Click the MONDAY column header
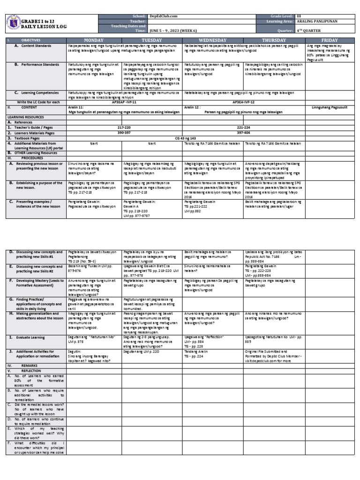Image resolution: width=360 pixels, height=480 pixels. click(94, 40)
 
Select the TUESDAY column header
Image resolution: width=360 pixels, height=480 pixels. click(151, 40)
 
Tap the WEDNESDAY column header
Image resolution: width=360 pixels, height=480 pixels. click(212, 40)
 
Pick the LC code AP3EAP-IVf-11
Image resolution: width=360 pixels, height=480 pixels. click(124, 102)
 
